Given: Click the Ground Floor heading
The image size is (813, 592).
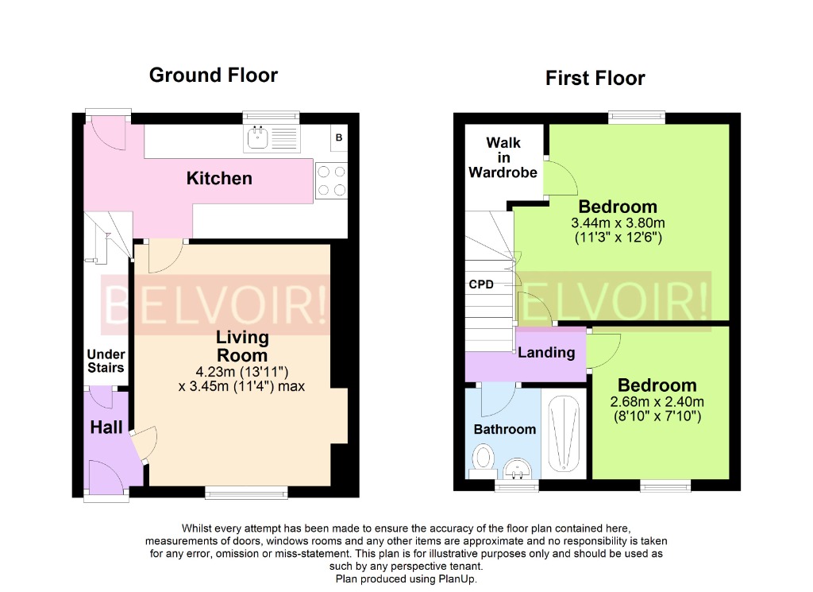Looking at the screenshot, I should [214, 75].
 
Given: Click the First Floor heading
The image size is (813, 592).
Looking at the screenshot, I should [595, 78].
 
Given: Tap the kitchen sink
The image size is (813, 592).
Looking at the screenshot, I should [259, 138].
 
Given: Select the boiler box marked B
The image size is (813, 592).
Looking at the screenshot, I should [339, 138].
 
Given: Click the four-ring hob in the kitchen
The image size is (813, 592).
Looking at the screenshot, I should [330, 180].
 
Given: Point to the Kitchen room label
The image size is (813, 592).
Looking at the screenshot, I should [219, 178].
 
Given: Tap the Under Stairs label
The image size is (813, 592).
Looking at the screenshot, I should [106, 361].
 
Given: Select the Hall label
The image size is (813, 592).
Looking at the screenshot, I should [106, 428].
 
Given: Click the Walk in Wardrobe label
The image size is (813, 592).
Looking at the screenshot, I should [503, 157].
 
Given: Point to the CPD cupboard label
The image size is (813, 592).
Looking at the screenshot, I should [481, 284].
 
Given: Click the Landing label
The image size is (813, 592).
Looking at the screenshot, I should [546, 353].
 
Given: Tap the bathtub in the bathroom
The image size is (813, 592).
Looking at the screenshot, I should [564, 433].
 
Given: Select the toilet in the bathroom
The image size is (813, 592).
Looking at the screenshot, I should [482, 459].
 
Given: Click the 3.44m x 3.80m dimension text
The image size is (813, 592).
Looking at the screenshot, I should [618, 223].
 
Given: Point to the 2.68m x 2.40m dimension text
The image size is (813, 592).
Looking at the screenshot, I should [657, 401].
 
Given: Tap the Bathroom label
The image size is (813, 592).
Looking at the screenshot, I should [505, 429].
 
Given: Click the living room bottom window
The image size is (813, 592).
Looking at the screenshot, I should [246, 493].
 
